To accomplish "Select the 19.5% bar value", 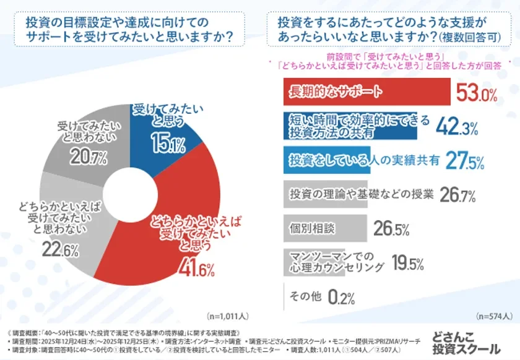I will [407, 264].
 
